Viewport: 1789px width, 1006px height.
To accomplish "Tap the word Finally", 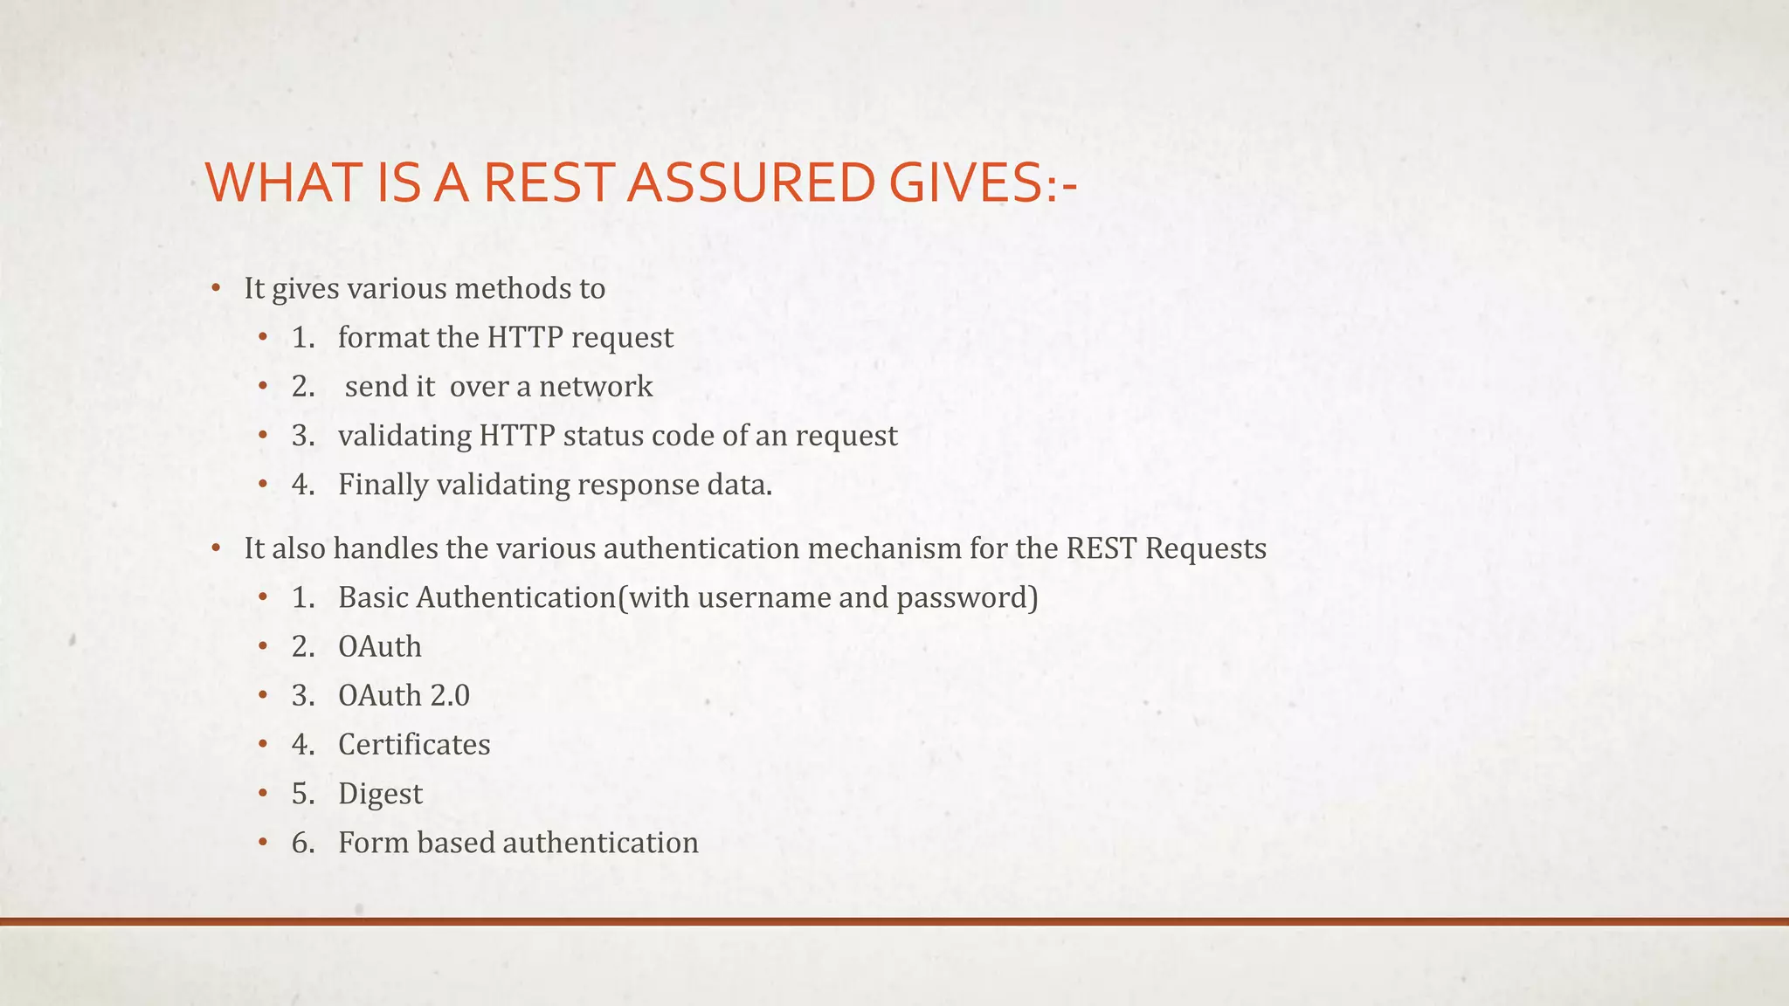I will tap(383, 485).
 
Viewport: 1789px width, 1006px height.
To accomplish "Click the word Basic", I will tap(373, 597).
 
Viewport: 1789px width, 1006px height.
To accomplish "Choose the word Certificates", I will tap(414, 745).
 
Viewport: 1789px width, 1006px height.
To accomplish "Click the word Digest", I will tap(380, 794).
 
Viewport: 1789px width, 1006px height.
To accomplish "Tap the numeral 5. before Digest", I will tap(303, 794).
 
